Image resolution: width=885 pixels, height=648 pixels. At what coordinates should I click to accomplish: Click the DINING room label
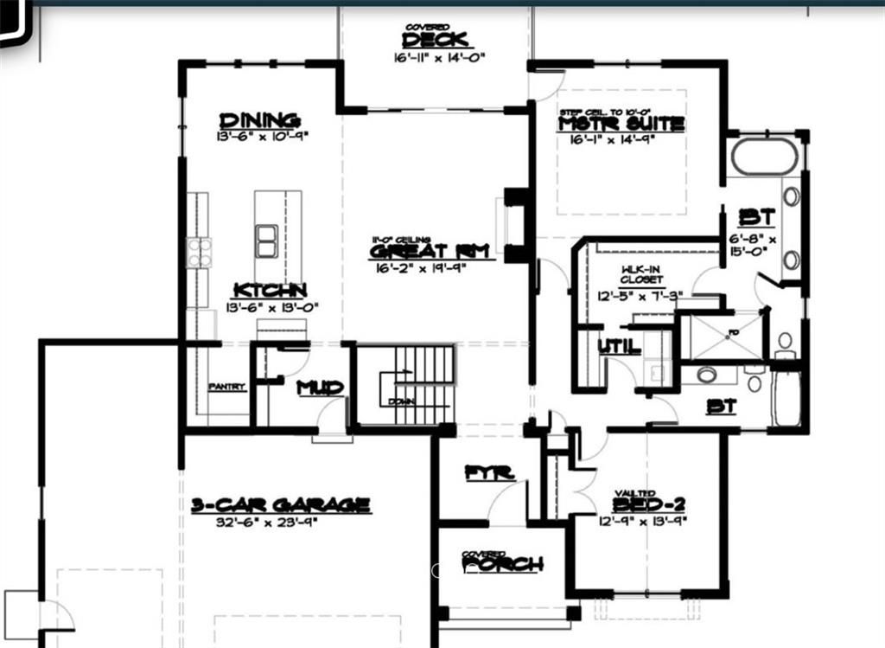[259, 120]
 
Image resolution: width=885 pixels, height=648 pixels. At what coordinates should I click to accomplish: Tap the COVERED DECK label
[436, 38]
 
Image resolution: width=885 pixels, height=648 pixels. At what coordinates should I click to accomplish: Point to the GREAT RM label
[431, 251]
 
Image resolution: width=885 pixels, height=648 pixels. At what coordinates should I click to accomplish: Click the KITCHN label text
[269, 291]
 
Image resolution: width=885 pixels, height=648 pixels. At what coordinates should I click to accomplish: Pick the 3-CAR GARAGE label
[281, 504]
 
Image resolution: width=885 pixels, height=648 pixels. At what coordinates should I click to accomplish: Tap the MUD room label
[320, 388]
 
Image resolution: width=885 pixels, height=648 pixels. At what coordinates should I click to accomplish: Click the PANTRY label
[226, 387]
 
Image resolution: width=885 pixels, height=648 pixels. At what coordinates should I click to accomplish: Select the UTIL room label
[620, 347]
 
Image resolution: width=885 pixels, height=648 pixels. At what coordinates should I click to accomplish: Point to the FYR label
[489, 472]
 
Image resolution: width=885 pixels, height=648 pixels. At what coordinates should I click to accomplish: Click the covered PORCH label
[502, 564]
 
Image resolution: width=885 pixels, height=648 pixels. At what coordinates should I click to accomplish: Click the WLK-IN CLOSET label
[641, 275]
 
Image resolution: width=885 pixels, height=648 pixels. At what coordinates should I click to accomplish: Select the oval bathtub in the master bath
[763, 157]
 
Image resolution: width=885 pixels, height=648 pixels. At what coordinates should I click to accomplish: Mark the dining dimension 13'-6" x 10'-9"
[263, 137]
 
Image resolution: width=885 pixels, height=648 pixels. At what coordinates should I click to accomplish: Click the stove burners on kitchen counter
[199, 253]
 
